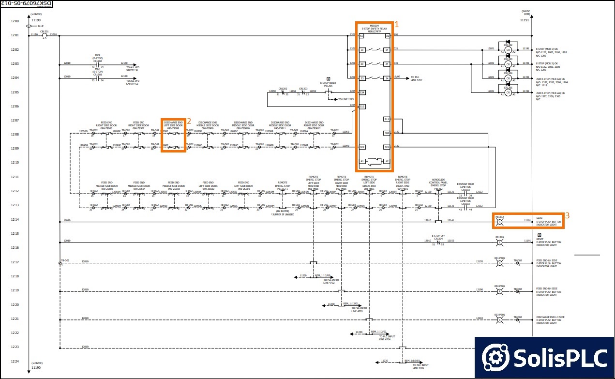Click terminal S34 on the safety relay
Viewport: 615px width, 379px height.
[x=361, y=92]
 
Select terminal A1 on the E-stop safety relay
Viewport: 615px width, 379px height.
[x=361, y=36]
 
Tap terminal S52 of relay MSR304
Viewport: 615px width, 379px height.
[x=387, y=133]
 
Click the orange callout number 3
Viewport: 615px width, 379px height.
[x=567, y=215]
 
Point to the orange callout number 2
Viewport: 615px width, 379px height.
[x=189, y=121]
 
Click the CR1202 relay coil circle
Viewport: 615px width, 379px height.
[x=508, y=50]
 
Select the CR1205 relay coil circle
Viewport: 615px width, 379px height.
[x=508, y=92]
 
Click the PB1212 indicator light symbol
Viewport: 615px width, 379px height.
[x=500, y=222]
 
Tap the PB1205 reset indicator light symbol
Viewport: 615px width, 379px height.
[x=500, y=242]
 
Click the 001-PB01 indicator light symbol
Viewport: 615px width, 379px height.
[x=500, y=263]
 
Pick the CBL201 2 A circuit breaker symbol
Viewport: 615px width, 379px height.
[x=45, y=35]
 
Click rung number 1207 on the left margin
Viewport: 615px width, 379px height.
[x=15, y=121]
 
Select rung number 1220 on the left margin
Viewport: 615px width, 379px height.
[x=15, y=305]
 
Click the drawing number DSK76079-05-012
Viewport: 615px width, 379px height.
[x=28, y=3]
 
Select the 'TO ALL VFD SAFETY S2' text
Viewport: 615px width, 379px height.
[x=133, y=83]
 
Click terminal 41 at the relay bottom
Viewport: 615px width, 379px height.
[x=361, y=161]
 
